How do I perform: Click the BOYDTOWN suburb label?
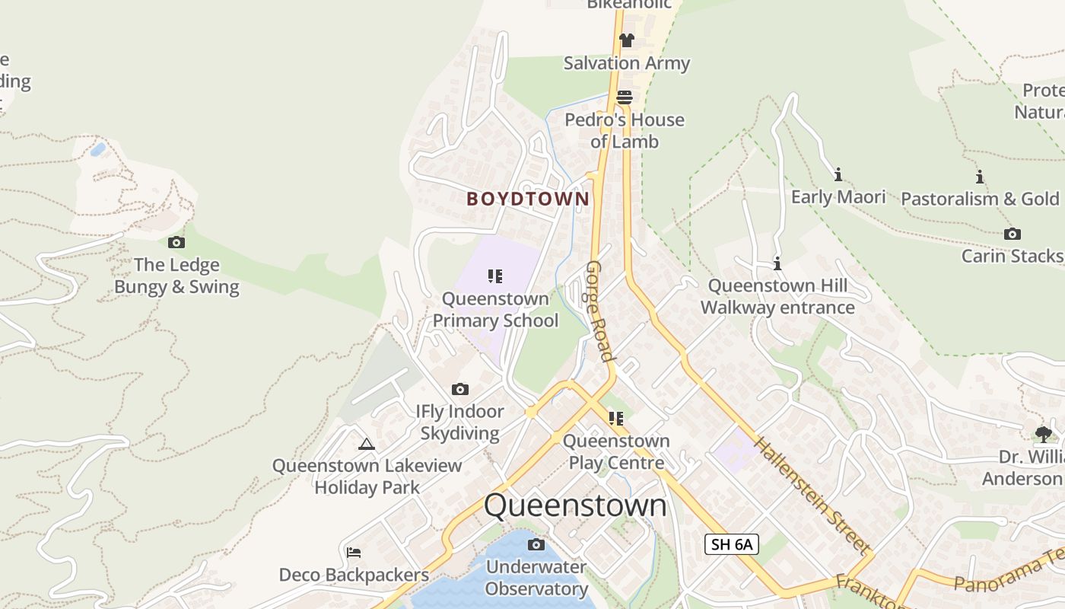click(x=528, y=199)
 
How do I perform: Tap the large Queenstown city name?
click(x=575, y=505)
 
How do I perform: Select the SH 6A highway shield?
click(x=731, y=544)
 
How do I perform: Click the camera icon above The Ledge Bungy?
click(x=176, y=242)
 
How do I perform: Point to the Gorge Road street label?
click(x=599, y=311)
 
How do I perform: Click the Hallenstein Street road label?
click(x=811, y=495)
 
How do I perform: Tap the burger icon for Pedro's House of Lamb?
click(x=625, y=97)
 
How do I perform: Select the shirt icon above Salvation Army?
click(x=626, y=40)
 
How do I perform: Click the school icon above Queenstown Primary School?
click(x=495, y=276)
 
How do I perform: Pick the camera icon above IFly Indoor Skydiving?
click(x=460, y=390)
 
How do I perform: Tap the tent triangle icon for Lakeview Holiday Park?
click(x=367, y=444)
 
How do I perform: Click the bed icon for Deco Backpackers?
click(x=353, y=553)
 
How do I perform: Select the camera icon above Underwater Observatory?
click(x=536, y=544)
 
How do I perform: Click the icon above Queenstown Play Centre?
click(x=616, y=419)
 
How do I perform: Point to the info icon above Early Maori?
click(x=838, y=175)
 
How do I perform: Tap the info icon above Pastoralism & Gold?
click(x=980, y=177)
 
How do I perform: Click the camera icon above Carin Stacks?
click(x=1012, y=234)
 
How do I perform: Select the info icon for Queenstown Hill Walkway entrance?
click(x=777, y=264)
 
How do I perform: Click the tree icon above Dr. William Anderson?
click(x=1043, y=434)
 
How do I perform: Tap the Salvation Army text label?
click(x=626, y=63)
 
